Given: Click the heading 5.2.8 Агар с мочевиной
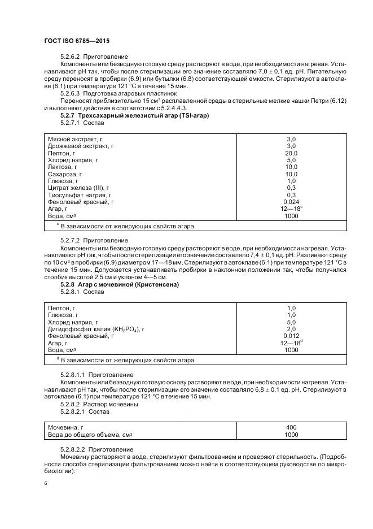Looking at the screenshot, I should point(119,284).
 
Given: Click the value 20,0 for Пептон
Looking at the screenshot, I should point(291,153).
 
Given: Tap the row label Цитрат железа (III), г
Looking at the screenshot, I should point(78,187).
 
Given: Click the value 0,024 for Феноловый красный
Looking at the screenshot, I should point(291,202).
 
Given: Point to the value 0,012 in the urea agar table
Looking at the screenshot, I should point(291,336).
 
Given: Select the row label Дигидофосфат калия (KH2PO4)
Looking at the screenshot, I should point(96,328).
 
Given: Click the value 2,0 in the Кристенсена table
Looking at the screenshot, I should point(291,328).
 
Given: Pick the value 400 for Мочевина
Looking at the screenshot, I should point(291,427).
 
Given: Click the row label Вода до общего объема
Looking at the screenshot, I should point(90,435).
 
